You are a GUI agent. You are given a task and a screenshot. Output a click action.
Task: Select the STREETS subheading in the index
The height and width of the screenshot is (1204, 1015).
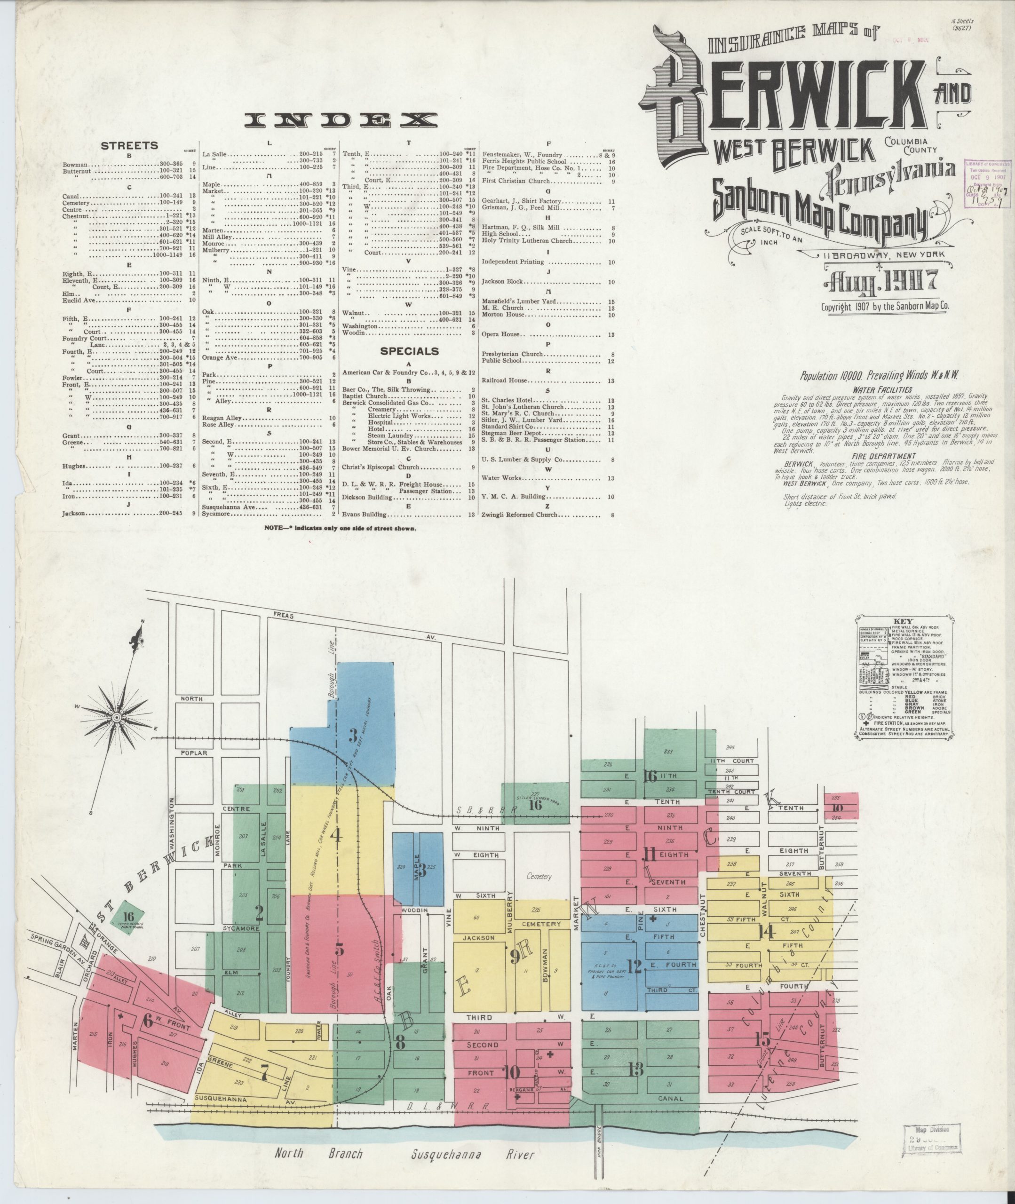(129, 145)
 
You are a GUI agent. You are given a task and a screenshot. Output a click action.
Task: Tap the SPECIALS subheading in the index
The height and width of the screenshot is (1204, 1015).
(409, 351)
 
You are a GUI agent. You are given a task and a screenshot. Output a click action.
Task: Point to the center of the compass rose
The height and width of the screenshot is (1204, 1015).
(116, 717)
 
